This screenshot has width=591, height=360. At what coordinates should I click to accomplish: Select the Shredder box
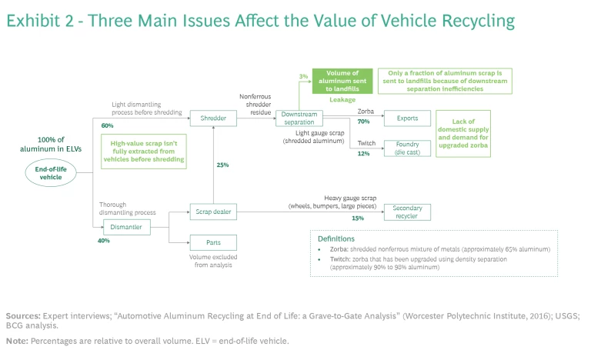[214, 118]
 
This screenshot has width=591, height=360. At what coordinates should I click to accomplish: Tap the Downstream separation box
[298, 118]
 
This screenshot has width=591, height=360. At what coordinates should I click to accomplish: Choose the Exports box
[408, 118]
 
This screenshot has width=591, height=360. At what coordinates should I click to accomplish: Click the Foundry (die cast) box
[408, 148]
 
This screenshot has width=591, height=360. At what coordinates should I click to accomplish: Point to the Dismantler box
[127, 226]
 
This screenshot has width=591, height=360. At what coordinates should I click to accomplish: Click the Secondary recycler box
[408, 212]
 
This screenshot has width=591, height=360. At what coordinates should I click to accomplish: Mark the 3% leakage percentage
[303, 76]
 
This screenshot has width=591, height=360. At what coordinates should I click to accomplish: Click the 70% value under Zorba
[365, 122]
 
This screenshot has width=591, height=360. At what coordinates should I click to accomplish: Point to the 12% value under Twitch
[365, 153]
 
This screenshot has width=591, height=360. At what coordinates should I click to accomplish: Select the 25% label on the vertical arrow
[222, 165]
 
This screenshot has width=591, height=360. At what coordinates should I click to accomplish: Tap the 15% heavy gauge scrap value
[358, 218]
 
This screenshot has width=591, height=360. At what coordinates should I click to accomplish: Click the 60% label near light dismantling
[107, 125]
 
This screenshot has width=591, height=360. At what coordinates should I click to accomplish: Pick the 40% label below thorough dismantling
[104, 241]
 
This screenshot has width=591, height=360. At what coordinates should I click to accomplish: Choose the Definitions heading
[336, 239]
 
